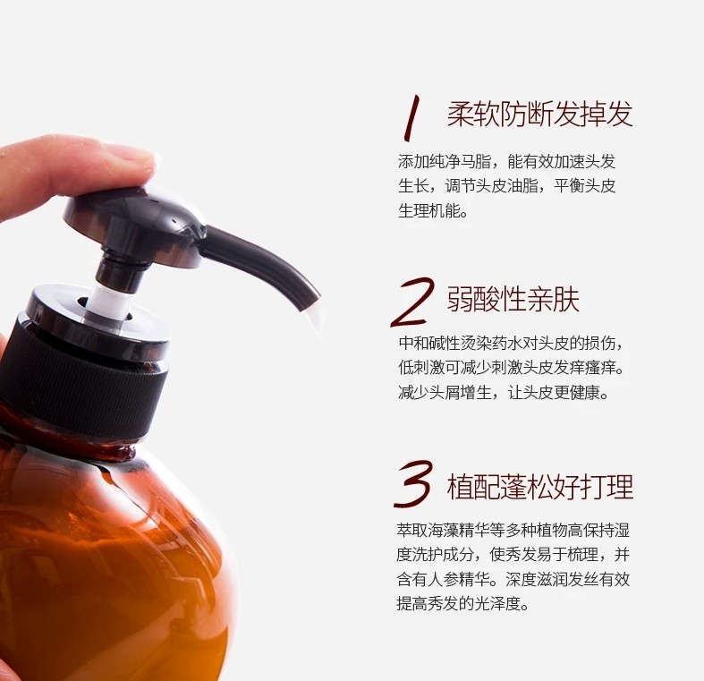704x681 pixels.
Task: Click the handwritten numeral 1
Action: (x=411, y=118)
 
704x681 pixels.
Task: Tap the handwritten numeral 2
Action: (x=413, y=302)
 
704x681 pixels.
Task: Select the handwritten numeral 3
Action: (x=413, y=484)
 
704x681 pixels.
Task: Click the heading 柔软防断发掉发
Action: (x=539, y=115)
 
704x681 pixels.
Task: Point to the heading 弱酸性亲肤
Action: (x=513, y=299)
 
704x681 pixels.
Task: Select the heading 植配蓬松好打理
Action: (x=539, y=487)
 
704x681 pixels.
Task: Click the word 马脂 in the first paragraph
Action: (x=475, y=162)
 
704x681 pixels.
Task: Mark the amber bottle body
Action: (x=112, y=561)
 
